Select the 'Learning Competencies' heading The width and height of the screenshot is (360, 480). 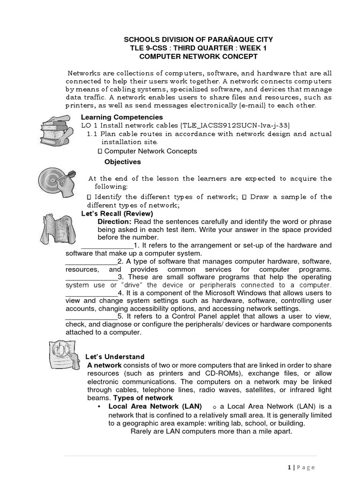click(122, 117)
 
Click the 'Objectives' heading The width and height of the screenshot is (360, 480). click(122, 162)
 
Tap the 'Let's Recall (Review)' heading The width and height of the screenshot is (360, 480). click(117, 213)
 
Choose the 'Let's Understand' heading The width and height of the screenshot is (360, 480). click(115, 357)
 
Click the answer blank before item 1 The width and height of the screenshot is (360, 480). click(107, 246)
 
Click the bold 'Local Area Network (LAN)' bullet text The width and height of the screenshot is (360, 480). click(155, 406)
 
